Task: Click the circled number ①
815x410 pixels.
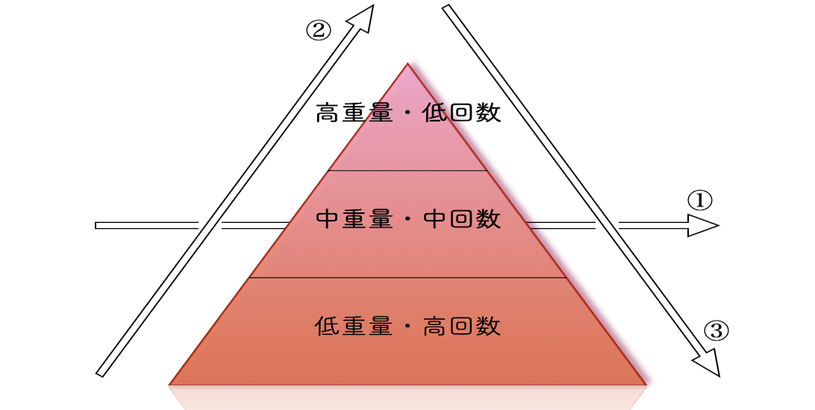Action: pyautogui.click(x=700, y=201)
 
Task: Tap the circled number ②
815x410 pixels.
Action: pyautogui.click(x=318, y=31)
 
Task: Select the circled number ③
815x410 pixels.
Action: pyautogui.click(x=716, y=330)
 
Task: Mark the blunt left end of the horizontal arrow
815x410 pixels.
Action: pyautogui.click(x=96, y=225)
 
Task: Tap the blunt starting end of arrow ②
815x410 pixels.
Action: pyautogui.click(x=100, y=373)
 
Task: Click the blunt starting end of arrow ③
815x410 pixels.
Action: pyautogui.click(x=446, y=7)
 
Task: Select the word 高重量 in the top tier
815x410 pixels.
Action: pyautogui.click(x=354, y=113)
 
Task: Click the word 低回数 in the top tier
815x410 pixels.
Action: pyautogui.click(x=461, y=113)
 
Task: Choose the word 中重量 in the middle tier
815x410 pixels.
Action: pyautogui.click(x=354, y=218)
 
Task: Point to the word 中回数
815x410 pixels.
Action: pyautogui.click(x=461, y=218)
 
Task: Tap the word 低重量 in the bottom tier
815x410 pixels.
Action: pyautogui.click(x=354, y=327)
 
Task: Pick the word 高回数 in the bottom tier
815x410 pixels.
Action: pyautogui.click(x=461, y=327)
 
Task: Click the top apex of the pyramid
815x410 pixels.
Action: pyautogui.click(x=408, y=64)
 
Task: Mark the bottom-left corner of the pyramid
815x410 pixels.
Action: pyautogui.click(x=170, y=385)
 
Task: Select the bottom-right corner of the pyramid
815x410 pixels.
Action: pyautogui.click(x=646, y=385)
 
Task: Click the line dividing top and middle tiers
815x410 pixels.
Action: pyautogui.click(x=408, y=170)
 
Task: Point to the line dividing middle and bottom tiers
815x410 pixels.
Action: pyautogui.click(x=408, y=277)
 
